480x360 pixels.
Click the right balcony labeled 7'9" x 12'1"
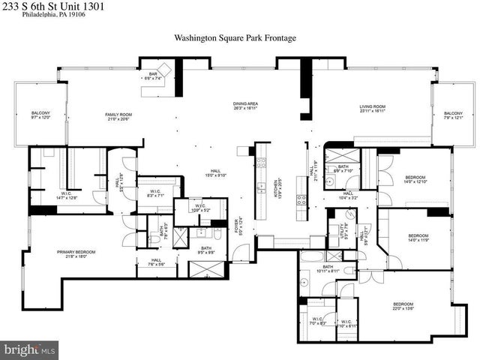pos(453,115)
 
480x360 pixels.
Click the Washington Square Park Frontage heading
pos(235,37)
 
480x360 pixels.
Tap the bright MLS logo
pos(31,349)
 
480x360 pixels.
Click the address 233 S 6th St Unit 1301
pos(52,6)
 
